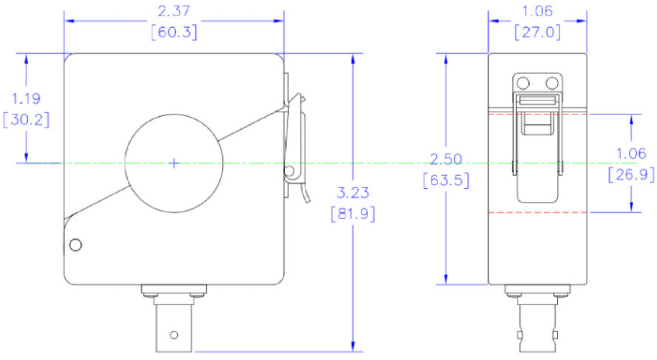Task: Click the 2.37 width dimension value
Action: coord(174,12)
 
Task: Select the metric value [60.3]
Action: coord(174,33)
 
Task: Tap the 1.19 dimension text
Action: coord(26,99)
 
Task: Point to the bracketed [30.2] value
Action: coord(26,120)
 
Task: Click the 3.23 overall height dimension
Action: coord(353,193)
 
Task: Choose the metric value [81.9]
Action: coord(353,214)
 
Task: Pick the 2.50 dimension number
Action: coord(446,159)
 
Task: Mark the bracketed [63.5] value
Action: coord(446,180)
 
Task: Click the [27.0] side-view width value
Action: coord(538,33)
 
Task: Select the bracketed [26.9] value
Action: coord(631,174)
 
